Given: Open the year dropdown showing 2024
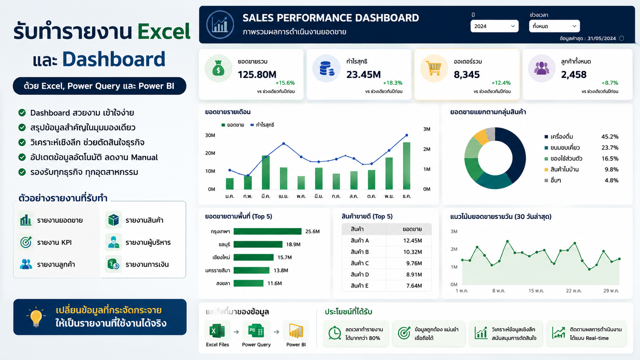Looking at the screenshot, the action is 494,26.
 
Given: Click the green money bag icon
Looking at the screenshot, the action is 218,68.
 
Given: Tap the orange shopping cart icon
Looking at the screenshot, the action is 434,68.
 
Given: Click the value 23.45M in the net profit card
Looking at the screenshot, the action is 363,75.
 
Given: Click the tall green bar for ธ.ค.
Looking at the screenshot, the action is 407,166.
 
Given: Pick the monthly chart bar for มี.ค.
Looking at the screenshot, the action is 266,173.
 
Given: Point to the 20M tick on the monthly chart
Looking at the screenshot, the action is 210,153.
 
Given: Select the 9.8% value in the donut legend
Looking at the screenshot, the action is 611,169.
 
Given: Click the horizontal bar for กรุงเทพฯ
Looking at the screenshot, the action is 268,231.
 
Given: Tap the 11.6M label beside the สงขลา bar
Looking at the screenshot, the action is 274,283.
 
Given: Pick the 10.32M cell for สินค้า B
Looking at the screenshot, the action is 413,252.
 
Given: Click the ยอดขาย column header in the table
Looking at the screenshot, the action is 412,229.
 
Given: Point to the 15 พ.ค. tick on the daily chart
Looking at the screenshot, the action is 536,291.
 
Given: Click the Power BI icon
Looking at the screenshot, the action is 296,331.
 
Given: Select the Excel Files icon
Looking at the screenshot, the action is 217,331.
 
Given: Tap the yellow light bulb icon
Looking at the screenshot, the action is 36,317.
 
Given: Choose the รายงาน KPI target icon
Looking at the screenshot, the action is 26,242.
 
